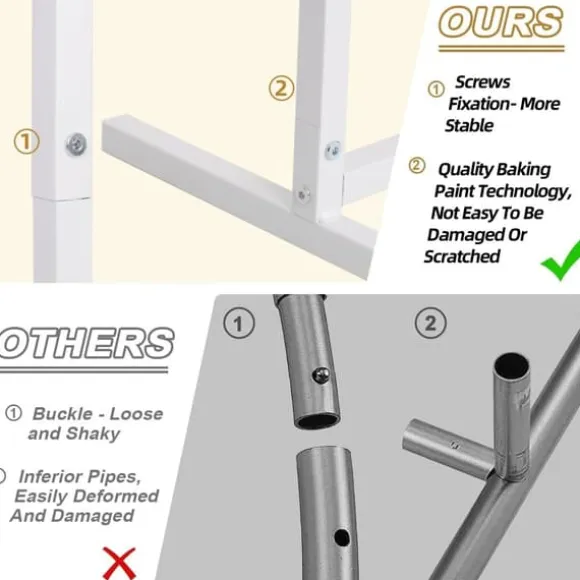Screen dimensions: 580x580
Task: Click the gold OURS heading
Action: coord(501,22)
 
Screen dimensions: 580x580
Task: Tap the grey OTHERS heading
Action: coord(86,343)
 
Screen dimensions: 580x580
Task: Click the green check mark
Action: coord(562,260)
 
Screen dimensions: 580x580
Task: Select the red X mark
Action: coord(119,563)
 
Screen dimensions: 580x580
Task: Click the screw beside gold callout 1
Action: coord(77,144)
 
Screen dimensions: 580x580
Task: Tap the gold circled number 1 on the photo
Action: coord(27,142)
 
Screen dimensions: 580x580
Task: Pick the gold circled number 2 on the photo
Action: coord(281,88)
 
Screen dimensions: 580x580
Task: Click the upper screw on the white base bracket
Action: coord(333,151)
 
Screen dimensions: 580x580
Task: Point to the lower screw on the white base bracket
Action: coord(303,194)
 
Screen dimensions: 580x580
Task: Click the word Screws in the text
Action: coord(482,82)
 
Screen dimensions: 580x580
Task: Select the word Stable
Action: coord(469,125)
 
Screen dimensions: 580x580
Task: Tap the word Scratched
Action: coord(462,256)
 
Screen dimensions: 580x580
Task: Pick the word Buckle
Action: coord(62,414)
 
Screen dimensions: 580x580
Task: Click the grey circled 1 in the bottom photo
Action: coord(239,323)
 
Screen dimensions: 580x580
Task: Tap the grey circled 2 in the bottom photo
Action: coord(431,323)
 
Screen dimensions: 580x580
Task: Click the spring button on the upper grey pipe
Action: coord(320,375)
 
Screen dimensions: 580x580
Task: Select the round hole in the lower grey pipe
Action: coord(342,537)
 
